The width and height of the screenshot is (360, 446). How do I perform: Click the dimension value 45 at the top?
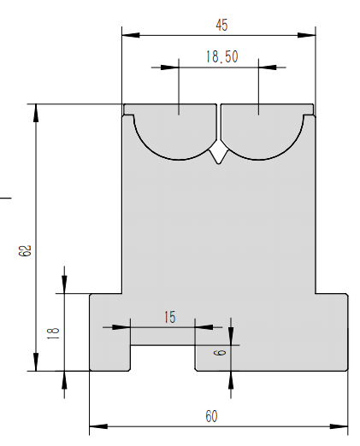point(221,25)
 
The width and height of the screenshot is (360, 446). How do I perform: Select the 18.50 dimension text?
point(221,57)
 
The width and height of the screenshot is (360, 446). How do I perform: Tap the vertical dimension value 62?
point(25,249)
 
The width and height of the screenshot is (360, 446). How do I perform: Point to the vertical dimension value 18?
point(53,332)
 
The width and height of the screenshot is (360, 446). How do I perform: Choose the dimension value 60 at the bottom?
point(210,416)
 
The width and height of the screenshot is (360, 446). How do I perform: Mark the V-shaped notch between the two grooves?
point(219,154)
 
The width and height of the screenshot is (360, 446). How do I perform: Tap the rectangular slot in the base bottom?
point(162,358)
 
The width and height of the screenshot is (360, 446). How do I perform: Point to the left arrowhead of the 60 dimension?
point(95,425)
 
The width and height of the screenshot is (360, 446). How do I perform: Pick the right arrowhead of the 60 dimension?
point(344,425)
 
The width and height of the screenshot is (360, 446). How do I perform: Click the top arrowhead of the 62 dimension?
point(36,109)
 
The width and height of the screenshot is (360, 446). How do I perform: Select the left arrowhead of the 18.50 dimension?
point(174,67)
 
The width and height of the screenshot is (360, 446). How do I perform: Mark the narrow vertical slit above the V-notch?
point(219,124)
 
